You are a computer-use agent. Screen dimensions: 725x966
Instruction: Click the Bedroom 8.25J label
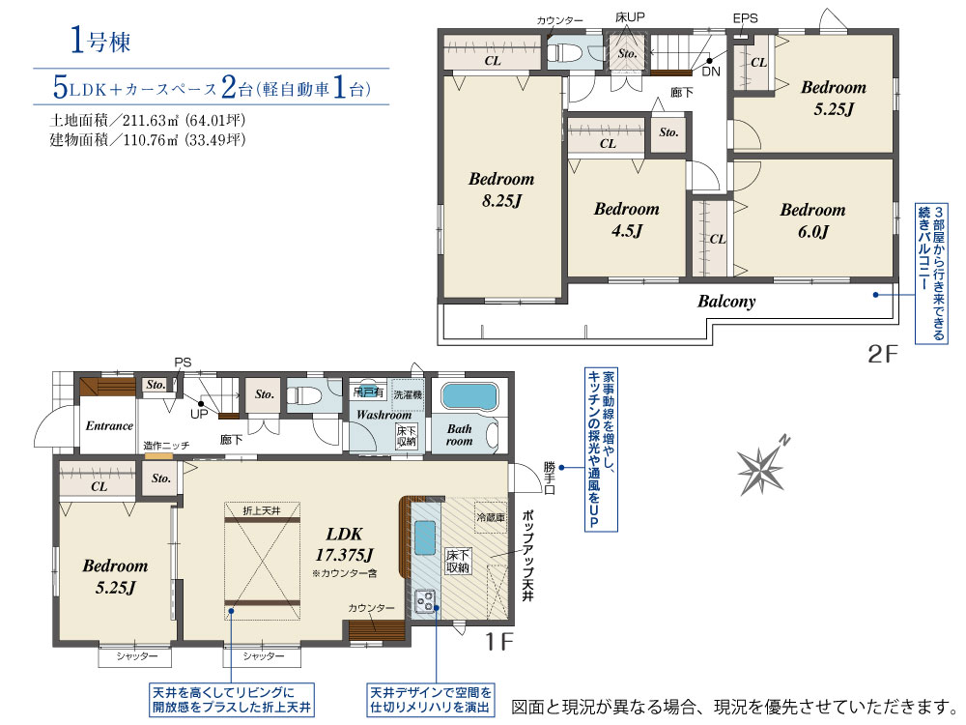click(x=501, y=189)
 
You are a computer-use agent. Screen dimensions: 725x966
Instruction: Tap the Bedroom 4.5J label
click(x=626, y=219)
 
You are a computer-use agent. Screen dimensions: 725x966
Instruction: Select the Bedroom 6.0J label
click(x=812, y=220)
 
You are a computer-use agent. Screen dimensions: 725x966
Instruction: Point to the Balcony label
click(x=726, y=302)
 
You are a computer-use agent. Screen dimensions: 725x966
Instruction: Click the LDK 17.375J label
click(x=344, y=544)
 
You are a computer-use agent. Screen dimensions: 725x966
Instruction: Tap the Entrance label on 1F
click(x=109, y=425)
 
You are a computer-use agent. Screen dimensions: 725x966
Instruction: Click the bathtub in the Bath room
click(x=469, y=396)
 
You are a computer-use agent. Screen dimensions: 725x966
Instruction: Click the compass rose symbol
click(x=765, y=468)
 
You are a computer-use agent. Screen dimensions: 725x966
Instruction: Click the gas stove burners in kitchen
click(x=425, y=601)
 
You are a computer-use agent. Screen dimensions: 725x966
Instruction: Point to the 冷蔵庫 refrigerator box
click(x=491, y=517)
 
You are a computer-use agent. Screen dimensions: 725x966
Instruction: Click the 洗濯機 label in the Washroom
click(x=407, y=395)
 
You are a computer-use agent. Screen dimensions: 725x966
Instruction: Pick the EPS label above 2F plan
click(x=745, y=18)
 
